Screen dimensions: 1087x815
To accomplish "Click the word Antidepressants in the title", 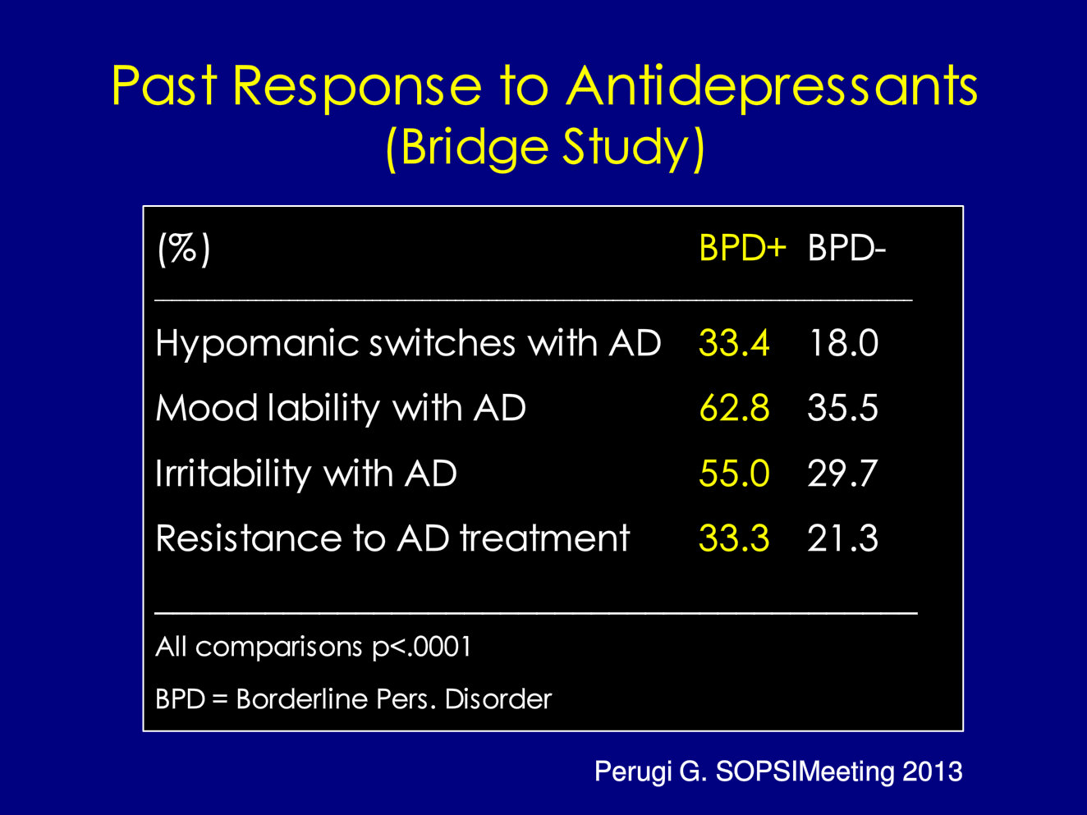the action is pyautogui.click(x=772, y=88).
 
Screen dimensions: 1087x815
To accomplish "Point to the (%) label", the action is pyautogui.click(x=184, y=249).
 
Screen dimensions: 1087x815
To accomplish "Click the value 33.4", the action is pyautogui.click(x=734, y=343).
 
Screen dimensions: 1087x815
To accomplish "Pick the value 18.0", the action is pyautogui.click(x=843, y=343).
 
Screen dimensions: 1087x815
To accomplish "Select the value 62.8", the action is pyautogui.click(x=735, y=408).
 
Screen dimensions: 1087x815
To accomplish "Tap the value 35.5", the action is pyautogui.click(x=842, y=408).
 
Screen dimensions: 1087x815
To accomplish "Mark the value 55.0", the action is pyautogui.click(x=735, y=474).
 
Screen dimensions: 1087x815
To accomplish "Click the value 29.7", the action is pyautogui.click(x=842, y=474).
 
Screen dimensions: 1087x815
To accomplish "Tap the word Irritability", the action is pyautogui.click(x=233, y=474).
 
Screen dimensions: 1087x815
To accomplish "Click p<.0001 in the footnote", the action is pyautogui.click(x=421, y=648).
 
